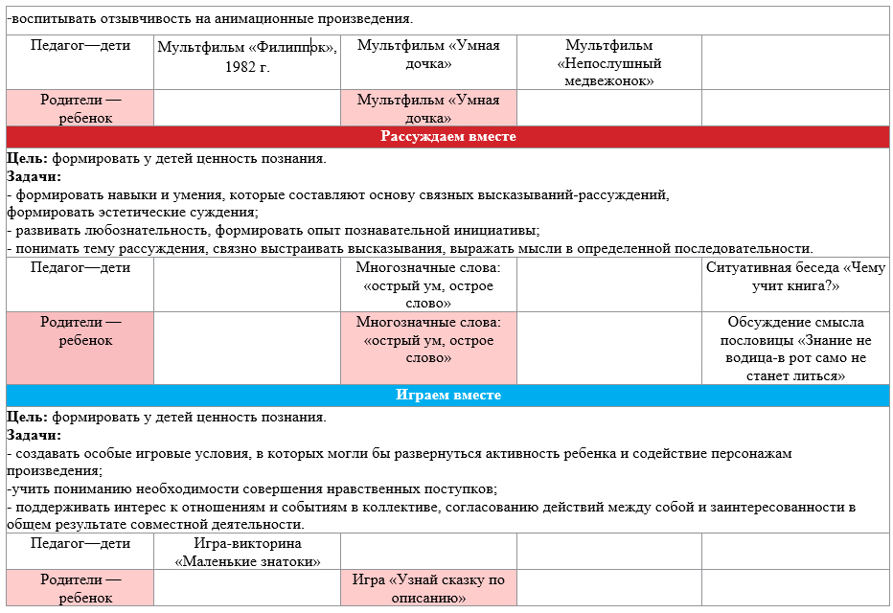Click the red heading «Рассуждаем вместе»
[447, 137]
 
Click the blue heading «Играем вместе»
[447, 395]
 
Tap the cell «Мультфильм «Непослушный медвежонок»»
[608, 63]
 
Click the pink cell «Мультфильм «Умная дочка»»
[428, 108]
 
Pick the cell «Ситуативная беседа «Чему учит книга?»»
[795, 277]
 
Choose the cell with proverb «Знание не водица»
[795, 349]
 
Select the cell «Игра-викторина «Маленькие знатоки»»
[247, 553]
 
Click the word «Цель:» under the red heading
[27, 159]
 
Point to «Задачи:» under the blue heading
[34, 434]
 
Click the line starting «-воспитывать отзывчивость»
[210, 18]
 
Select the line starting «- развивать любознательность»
[273, 230]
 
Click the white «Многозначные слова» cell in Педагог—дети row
[428, 285]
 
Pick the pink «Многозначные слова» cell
[428, 340]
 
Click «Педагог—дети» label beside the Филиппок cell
[80, 45]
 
